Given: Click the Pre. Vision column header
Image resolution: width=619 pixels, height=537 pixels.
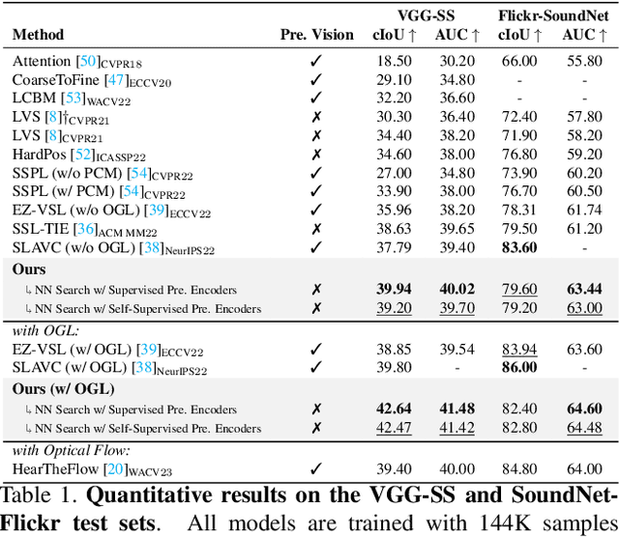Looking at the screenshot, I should [x=317, y=35].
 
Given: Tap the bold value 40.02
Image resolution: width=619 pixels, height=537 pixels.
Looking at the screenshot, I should [x=457, y=289].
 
